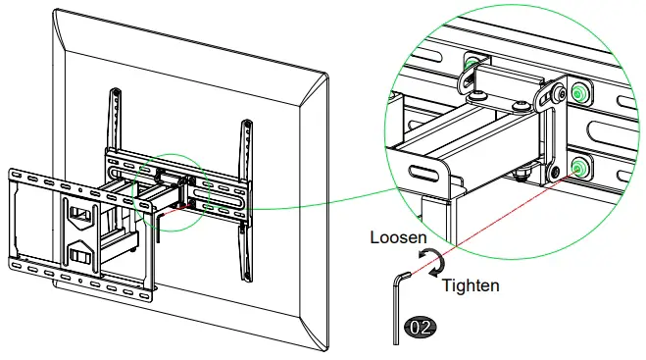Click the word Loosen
tap(397, 238)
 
